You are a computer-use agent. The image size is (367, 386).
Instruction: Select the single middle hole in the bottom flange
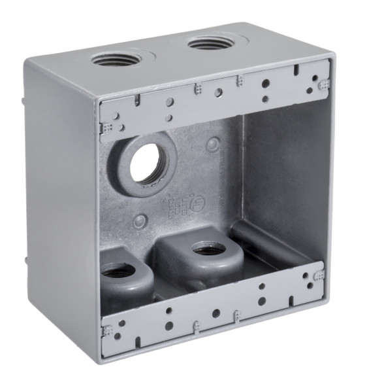point(215,313)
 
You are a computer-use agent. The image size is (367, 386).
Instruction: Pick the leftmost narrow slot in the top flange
point(138,100)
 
